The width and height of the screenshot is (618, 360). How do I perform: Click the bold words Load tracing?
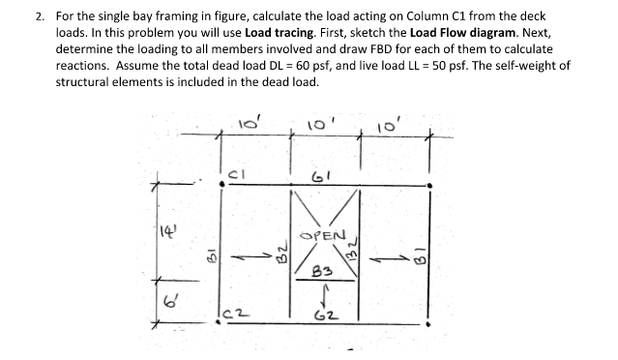pos(279,32)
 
